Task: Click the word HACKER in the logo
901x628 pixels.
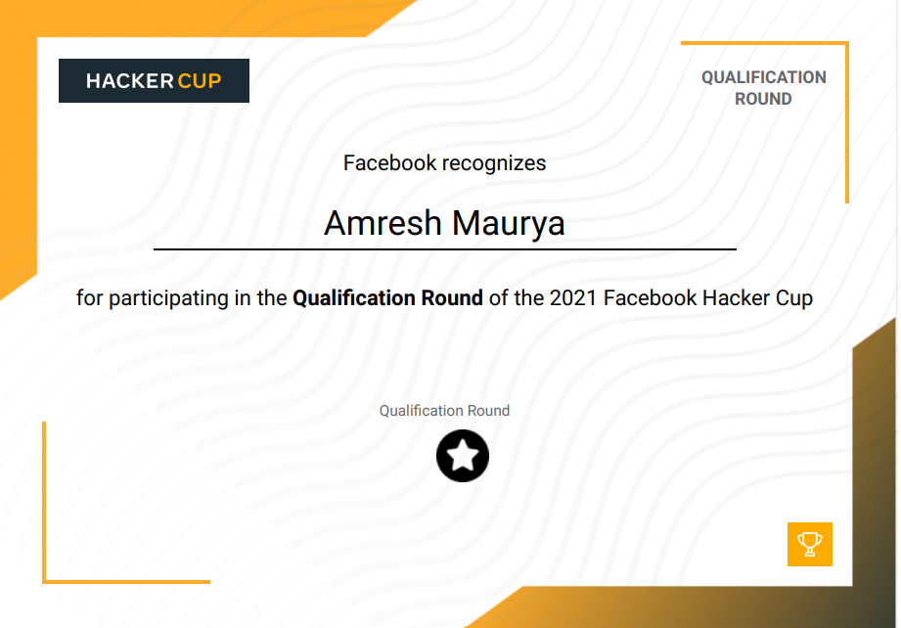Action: click(x=130, y=81)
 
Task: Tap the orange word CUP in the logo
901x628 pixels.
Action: click(x=200, y=81)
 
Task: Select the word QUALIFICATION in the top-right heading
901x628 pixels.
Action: click(x=764, y=77)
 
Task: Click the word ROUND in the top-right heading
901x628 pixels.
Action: click(x=763, y=99)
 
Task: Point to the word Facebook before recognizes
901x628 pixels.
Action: click(x=389, y=163)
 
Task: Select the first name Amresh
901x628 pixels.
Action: click(x=383, y=223)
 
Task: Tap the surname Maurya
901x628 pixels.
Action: click(x=509, y=223)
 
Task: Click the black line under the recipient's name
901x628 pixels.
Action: click(x=445, y=249)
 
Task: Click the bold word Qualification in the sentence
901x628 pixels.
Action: click(x=354, y=298)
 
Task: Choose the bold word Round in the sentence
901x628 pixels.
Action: click(x=452, y=298)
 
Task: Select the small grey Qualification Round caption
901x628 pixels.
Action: click(x=444, y=411)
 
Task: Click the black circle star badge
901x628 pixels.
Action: click(x=463, y=456)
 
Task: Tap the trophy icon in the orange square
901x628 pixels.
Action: click(x=810, y=544)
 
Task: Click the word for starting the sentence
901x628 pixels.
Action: click(x=89, y=298)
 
